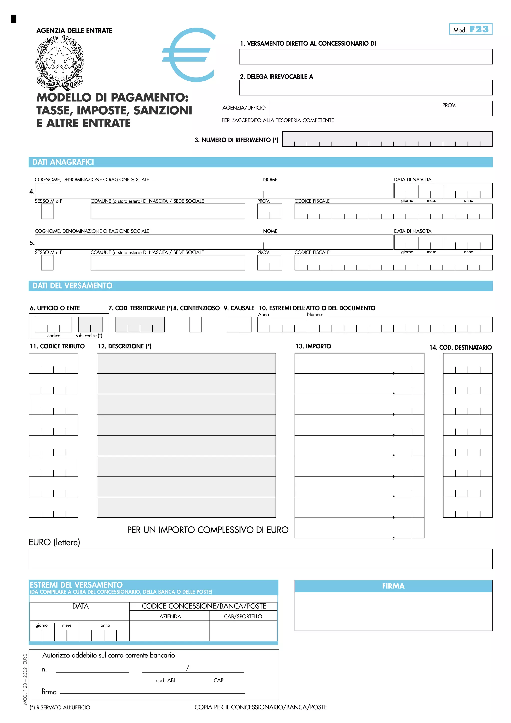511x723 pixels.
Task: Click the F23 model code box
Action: click(470, 29)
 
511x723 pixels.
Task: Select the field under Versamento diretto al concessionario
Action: click(365, 57)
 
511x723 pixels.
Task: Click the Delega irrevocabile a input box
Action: click(365, 88)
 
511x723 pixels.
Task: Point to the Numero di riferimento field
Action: click(387, 139)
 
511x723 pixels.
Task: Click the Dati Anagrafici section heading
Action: click(63, 162)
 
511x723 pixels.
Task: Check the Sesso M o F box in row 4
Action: click(47, 211)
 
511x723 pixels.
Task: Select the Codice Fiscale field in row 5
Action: click(393, 263)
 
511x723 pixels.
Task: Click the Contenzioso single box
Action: click(196, 324)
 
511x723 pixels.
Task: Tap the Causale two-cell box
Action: click(239, 324)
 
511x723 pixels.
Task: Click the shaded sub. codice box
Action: click(90, 324)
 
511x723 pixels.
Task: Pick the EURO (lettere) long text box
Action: click(260, 559)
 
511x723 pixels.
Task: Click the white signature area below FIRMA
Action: click(393, 611)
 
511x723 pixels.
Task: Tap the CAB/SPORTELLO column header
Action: click(243, 616)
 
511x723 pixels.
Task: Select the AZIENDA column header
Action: click(170, 616)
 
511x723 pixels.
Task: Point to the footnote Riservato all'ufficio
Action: click(60, 707)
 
